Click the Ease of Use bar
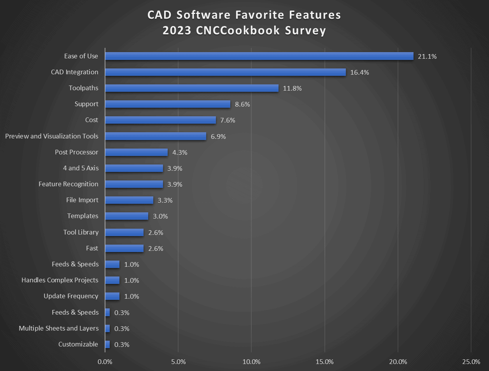259,56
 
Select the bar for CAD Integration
225,72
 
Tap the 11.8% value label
292,88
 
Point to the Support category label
86,104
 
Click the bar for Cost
160,120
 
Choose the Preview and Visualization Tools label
52,136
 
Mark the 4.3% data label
180,152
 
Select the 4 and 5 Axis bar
134,168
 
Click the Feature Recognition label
68,184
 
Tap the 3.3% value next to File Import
165,200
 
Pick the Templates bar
126,216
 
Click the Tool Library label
81,232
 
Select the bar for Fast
124,248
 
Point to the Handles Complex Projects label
60,280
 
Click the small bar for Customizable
107,345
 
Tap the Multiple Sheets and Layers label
59,328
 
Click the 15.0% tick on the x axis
324,362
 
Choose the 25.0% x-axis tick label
471,362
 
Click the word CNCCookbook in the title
238,30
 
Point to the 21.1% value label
427,56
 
